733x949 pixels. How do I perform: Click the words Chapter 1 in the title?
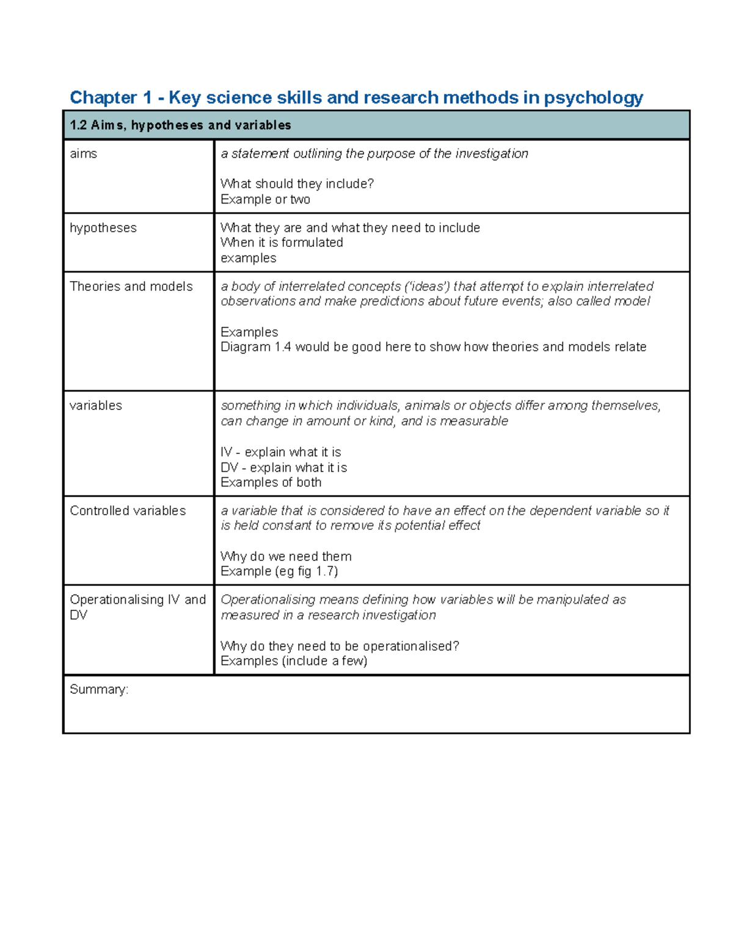point(111,98)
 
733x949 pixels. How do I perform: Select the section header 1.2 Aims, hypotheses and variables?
point(180,125)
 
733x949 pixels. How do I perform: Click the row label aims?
point(83,154)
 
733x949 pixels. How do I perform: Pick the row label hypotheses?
point(103,228)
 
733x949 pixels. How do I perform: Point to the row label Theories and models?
point(131,287)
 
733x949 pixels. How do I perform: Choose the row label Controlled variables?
point(128,511)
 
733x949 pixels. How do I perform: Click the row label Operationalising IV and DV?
point(137,607)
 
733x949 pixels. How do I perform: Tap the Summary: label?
point(98,690)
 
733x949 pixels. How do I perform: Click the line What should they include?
point(297,184)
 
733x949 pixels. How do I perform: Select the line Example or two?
point(265,200)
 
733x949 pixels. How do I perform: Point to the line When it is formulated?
point(282,243)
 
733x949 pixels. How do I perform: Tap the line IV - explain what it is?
point(280,452)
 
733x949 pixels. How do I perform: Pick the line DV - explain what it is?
point(283,467)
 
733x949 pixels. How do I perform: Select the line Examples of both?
point(271,483)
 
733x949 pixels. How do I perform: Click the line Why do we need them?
point(286,557)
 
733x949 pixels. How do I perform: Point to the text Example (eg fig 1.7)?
point(279,571)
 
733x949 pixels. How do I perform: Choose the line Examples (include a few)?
point(294,661)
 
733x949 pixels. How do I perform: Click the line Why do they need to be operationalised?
point(340,647)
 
